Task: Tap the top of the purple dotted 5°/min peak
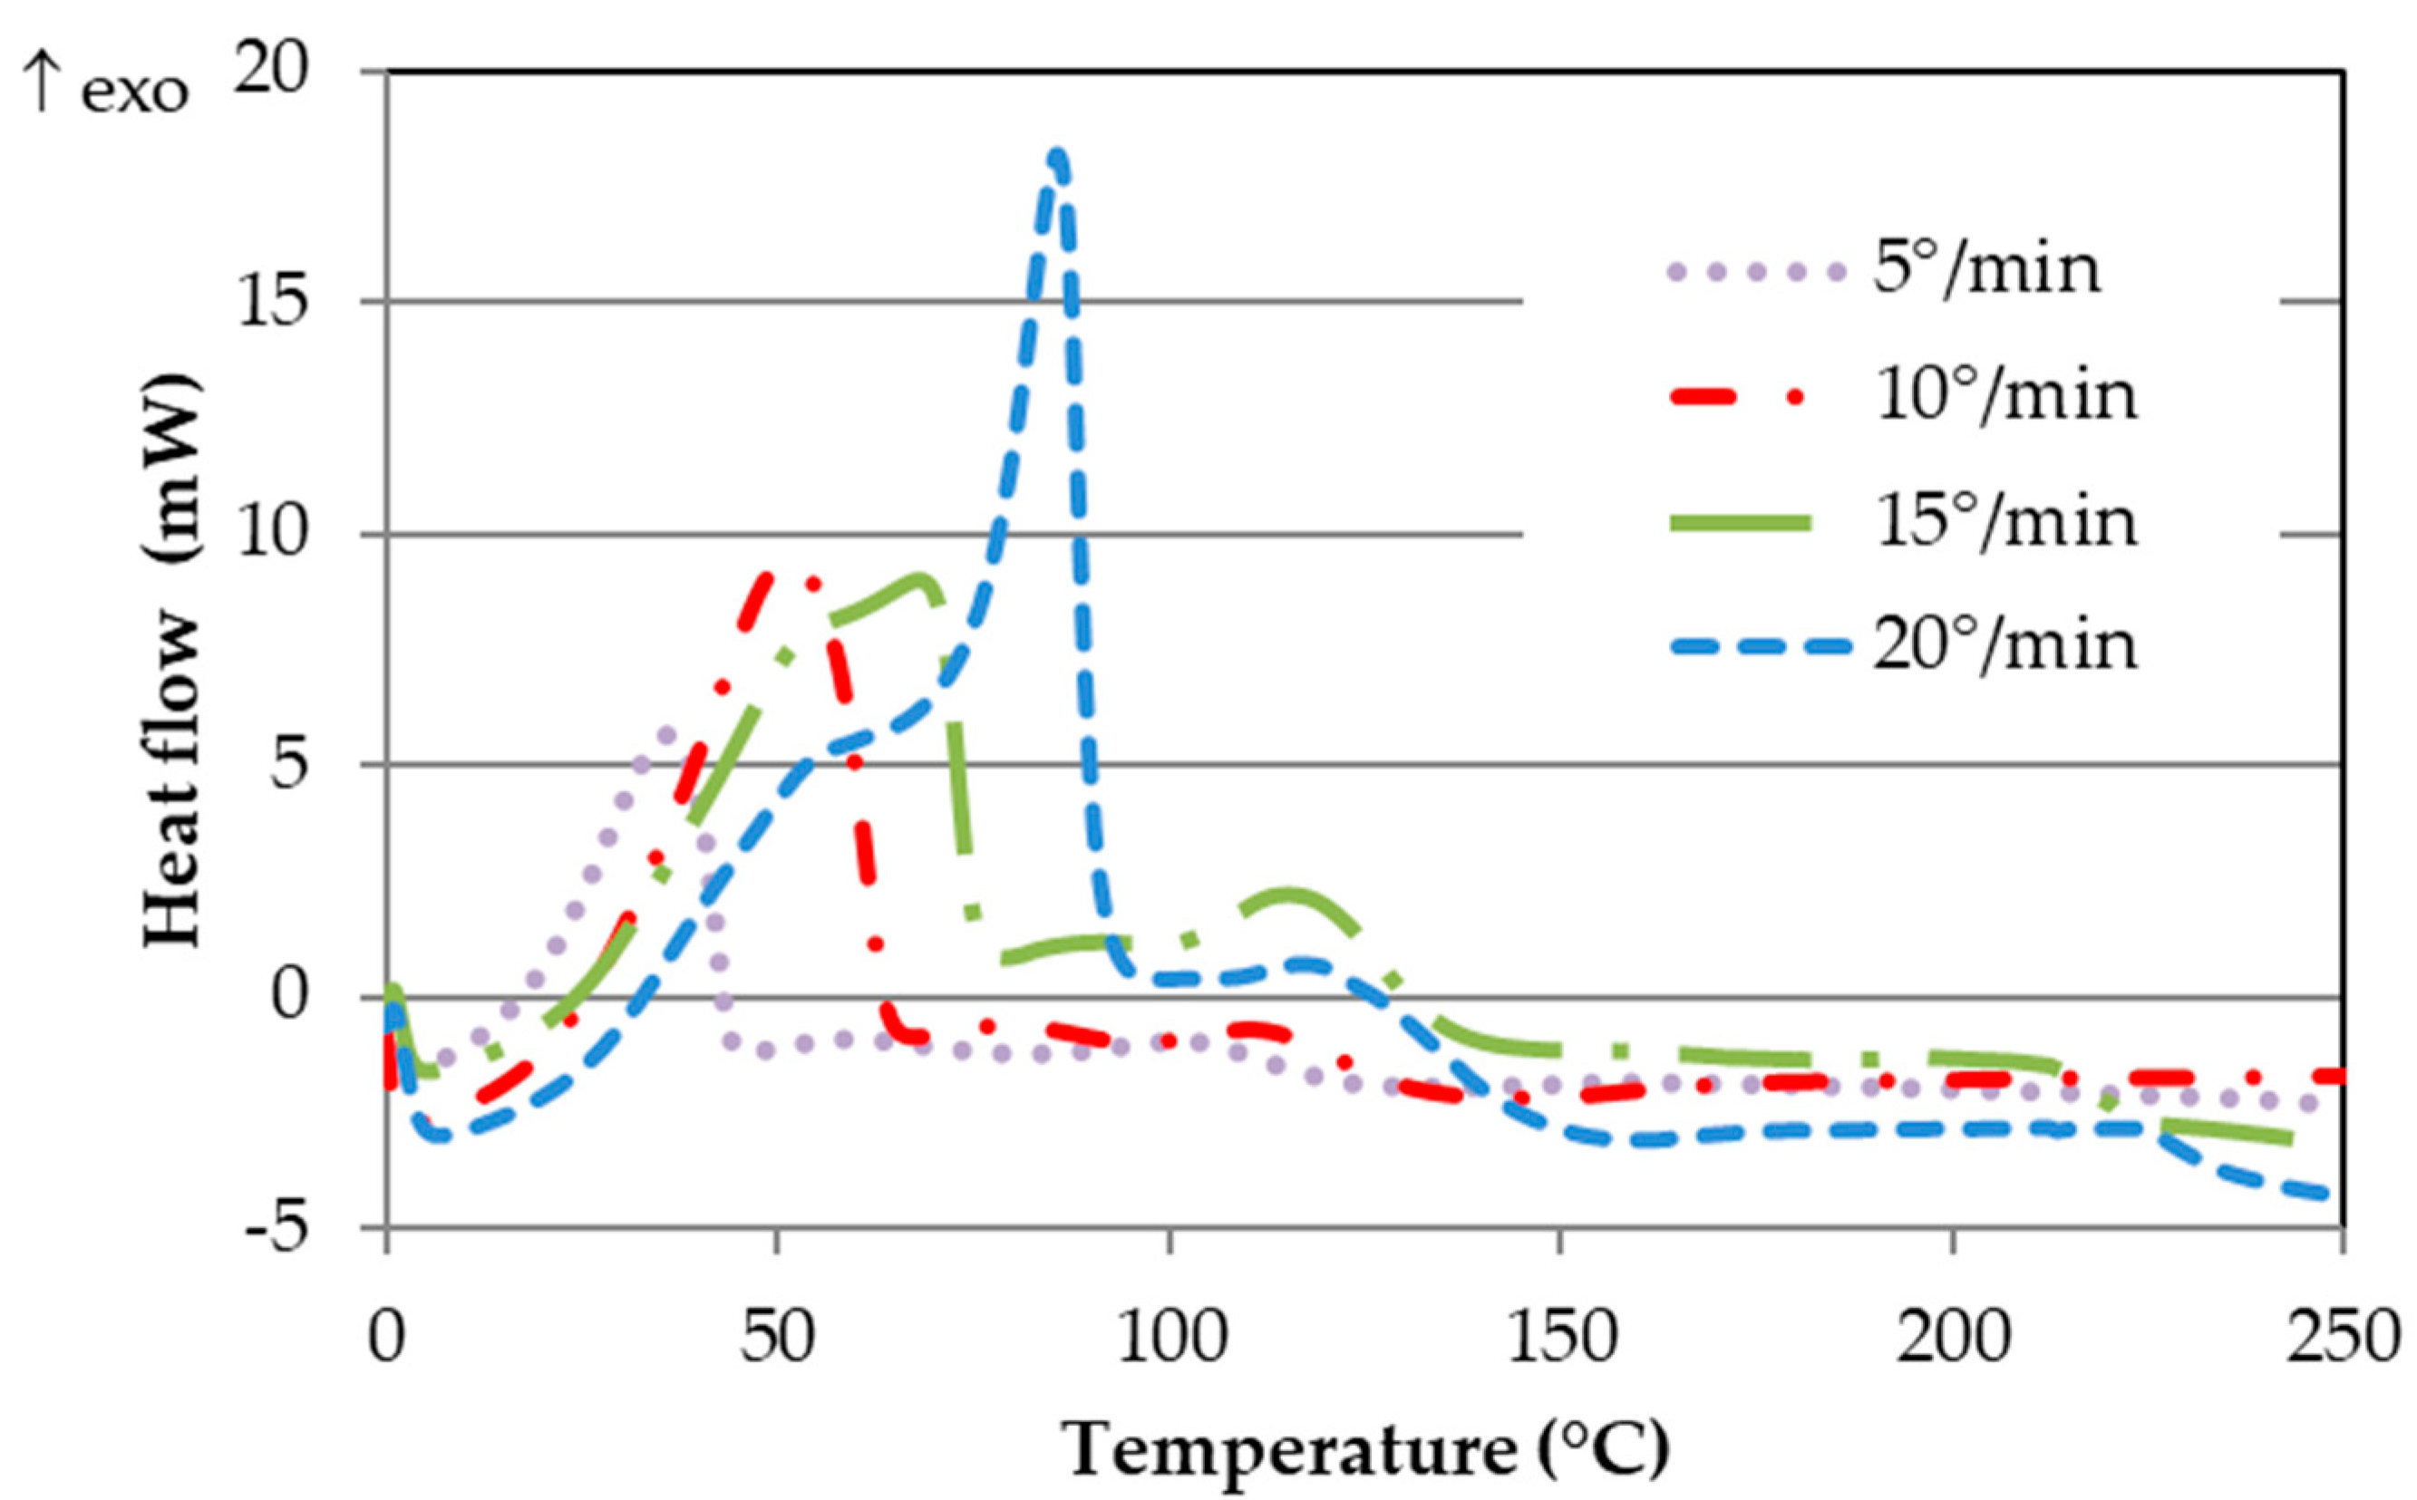tap(666, 734)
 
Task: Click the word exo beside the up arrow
tap(135, 94)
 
